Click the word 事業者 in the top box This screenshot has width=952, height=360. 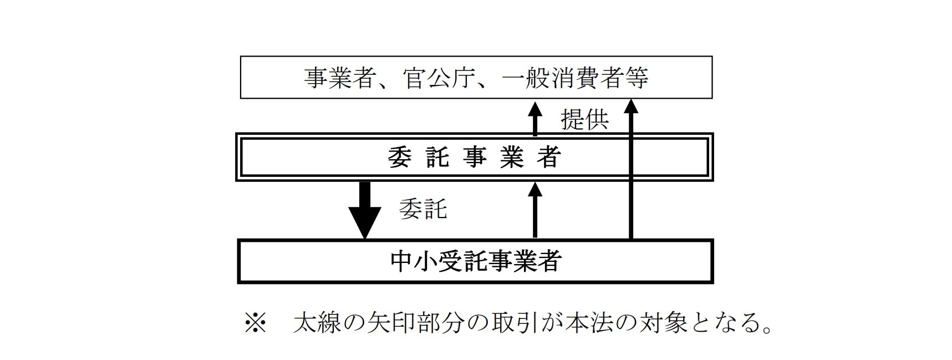coord(338,78)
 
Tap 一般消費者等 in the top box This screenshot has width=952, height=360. coord(574,78)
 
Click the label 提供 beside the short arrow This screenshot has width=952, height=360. coord(584,119)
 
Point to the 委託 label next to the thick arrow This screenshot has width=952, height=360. coord(422,209)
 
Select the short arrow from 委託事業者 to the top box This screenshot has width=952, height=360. coord(535,119)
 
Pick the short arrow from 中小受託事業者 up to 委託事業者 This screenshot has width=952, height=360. coord(535,211)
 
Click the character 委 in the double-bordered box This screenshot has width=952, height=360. coord(400,158)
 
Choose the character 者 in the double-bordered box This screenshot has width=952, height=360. coord(549,158)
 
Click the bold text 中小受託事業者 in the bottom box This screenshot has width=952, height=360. coord(476,261)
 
